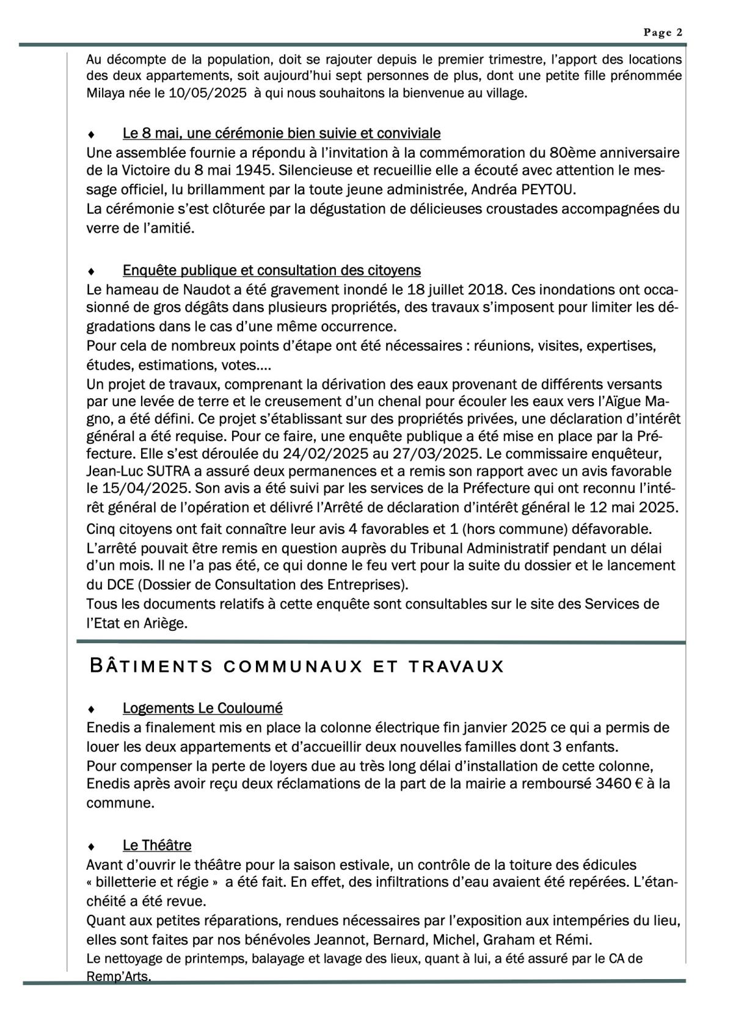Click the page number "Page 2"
(x=663, y=33)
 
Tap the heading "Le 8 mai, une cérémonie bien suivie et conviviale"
(x=282, y=133)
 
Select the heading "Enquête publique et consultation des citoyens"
(x=271, y=270)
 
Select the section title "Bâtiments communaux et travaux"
(x=297, y=666)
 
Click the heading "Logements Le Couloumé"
(x=202, y=708)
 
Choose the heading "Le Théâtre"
(x=157, y=845)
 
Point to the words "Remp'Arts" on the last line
(x=119, y=977)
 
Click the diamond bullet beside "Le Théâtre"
(x=91, y=847)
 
